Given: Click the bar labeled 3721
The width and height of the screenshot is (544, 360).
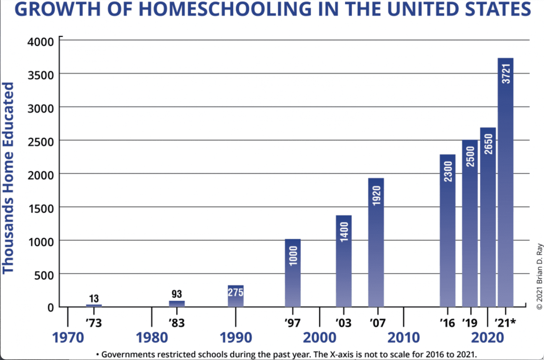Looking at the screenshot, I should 505,183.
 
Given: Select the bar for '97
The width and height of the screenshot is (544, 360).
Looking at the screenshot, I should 292,273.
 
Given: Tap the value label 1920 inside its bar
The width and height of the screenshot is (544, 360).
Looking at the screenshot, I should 376,196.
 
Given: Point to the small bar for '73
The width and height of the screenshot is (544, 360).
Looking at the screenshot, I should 94,305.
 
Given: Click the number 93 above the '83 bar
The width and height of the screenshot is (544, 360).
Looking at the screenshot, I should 177,294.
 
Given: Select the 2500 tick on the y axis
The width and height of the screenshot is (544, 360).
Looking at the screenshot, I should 40,141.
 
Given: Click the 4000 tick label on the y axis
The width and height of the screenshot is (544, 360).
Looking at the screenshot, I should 40,41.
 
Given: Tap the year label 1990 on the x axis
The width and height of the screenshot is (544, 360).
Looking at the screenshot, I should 236,337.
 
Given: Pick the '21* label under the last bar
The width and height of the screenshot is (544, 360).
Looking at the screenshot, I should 505,323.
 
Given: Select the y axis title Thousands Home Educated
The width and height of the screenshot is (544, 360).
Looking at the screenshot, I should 9,177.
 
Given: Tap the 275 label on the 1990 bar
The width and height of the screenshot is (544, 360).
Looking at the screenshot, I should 236,292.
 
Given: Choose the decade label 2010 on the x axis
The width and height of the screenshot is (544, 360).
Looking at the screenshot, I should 403,337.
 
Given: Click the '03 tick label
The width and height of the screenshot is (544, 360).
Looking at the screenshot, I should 343,323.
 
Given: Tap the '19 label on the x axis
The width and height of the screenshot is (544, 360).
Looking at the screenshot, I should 470,323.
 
